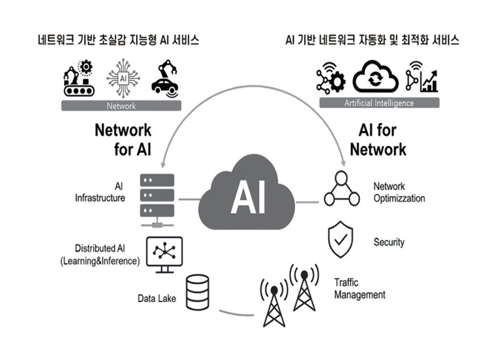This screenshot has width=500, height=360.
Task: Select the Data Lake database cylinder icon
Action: pos(197,290)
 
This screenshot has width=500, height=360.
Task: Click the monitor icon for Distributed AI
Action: pos(163,254)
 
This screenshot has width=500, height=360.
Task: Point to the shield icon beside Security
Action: pos(341,239)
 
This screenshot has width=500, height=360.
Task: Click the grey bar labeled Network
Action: pos(122,106)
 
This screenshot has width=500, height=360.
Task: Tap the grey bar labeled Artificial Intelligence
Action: pos(379,103)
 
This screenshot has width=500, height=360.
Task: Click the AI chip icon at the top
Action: pos(124,80)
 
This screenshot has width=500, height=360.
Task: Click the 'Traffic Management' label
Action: pos(359,288)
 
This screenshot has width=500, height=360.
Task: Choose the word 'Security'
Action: pos(389,242)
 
